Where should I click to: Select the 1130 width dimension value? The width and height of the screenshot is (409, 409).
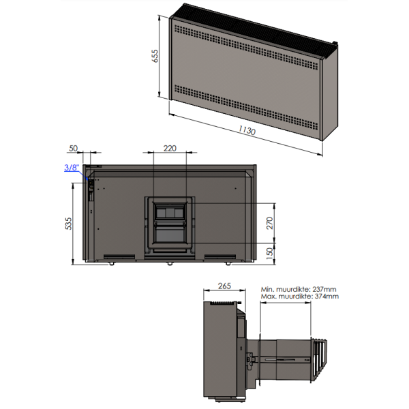click(x=247, y=131)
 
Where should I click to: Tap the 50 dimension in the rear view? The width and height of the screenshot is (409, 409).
click(x=74, y=149)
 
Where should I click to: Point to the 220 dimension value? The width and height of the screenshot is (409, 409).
click(x=170, y=149)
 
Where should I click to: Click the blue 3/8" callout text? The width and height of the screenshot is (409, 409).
click(x=72, y=167)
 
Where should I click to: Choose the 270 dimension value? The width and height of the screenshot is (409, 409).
click(x=269, y=222)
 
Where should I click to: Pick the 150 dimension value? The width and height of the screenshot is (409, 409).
click(x=269, y=252)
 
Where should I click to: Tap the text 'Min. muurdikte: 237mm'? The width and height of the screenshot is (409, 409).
click(x=299, y=289)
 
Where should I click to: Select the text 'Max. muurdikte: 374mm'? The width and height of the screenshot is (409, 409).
click(x=299, y=297)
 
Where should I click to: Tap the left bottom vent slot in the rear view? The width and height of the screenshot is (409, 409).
click(x=119, y=257)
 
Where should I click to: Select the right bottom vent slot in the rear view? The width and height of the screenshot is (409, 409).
click(x=219, y=257)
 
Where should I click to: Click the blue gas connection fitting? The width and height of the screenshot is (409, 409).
click(x=87, y=178)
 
